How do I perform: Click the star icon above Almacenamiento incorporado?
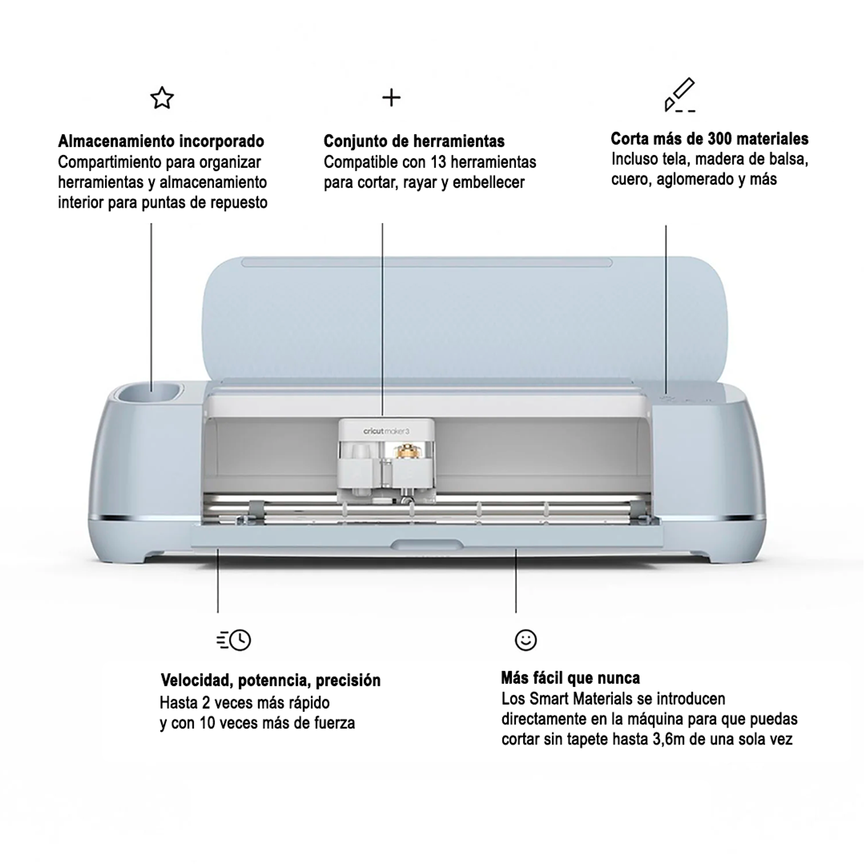tap(162, 98)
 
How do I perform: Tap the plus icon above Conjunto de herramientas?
tap(391, 98)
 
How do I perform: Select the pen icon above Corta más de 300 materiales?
tap(679, 95)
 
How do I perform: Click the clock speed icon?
tap(234, 640)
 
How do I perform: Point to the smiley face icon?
tap(526, 640)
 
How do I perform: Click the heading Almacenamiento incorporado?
tap(161, 141)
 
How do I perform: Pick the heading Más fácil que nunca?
tap(570, 678)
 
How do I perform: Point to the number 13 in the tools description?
tap(438, 162)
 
